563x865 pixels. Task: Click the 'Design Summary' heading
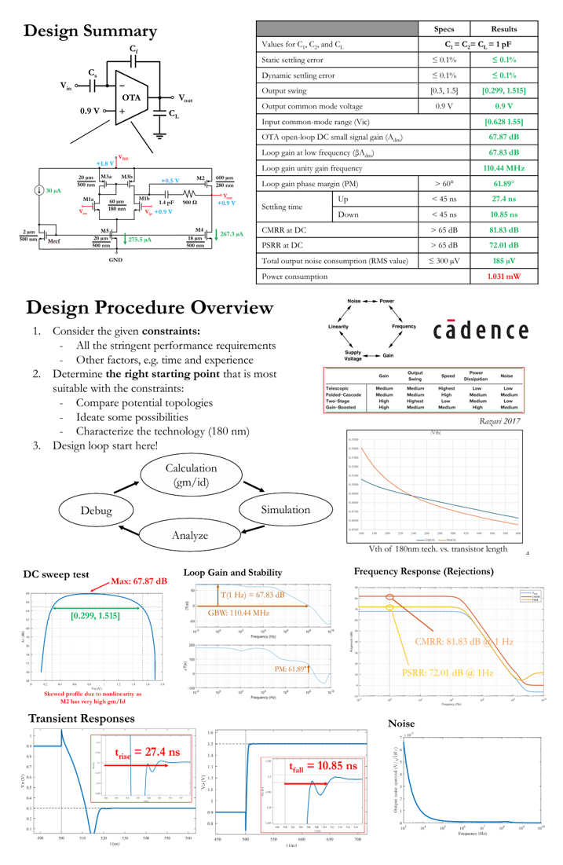90,31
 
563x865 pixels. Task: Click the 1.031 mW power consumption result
503,277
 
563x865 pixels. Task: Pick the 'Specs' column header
444,29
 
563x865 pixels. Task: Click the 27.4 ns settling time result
503,199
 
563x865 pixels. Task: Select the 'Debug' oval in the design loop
96,510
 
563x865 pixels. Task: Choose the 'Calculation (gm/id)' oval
191,475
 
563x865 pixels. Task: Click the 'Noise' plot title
402,723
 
